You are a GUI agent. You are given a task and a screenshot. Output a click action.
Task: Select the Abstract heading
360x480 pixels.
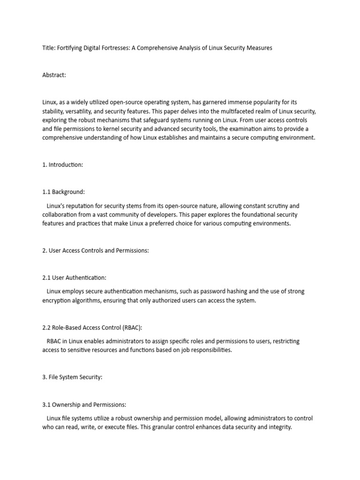[54, 75]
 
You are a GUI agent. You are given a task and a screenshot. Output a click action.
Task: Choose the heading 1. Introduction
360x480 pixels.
[62, 165]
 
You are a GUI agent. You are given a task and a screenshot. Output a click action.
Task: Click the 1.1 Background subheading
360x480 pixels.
[63, 192]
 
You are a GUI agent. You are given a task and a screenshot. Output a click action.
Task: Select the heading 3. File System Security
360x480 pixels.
[72, 377]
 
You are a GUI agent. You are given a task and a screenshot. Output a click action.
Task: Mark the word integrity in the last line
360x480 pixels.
[277, 427]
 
